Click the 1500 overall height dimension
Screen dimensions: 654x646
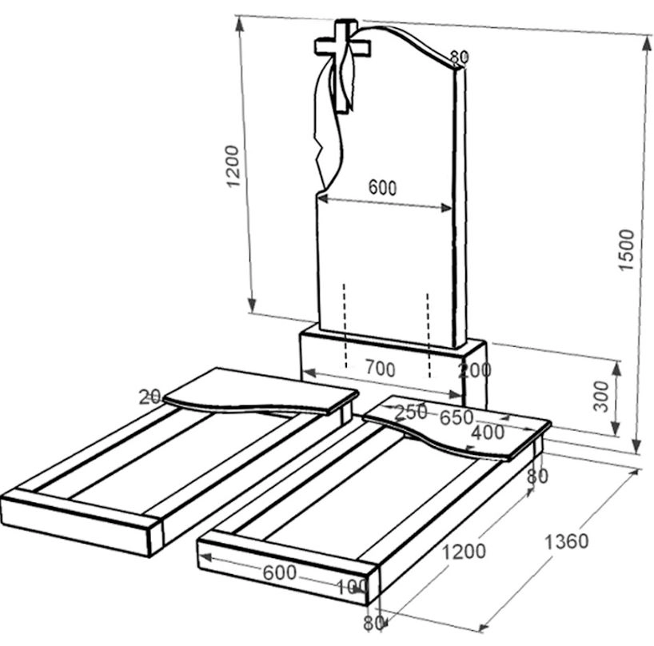tap(627, 249)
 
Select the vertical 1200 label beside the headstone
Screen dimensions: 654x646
tap(233, 166)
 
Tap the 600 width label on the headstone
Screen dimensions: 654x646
tap(382, 188)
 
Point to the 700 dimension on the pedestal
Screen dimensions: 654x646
tap(381, 369)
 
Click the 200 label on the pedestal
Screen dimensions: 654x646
tap(475, 370)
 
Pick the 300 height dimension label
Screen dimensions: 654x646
tap(601, 397)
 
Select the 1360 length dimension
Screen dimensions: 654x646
tap(566, 541)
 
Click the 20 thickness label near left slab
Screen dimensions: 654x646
tap(150, 397)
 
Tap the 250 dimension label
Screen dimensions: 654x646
tap(411, 412)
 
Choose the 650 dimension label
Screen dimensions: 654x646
tap(457, 417)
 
